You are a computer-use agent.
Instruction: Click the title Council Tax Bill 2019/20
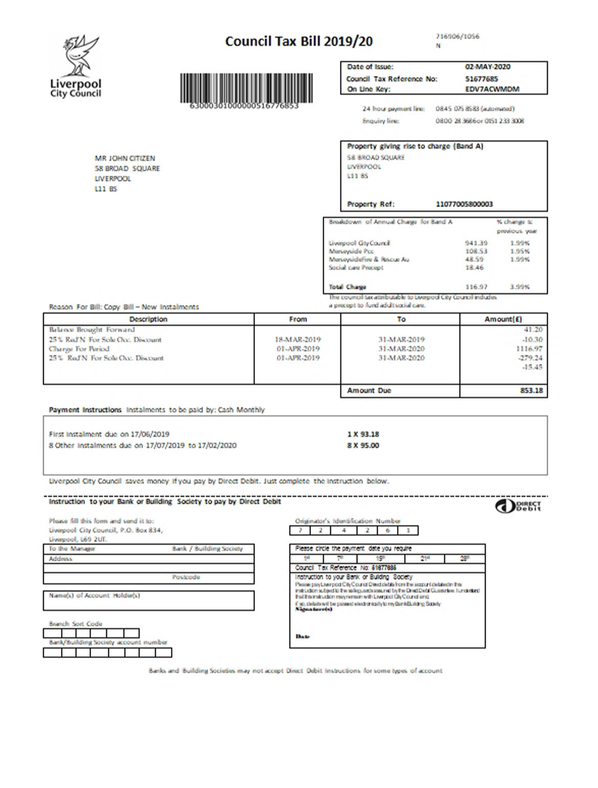[299, 41]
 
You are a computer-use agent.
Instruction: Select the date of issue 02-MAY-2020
[487, 67]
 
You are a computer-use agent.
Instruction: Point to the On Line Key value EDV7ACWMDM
[492, 89]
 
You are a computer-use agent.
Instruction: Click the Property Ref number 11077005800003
[464, 204]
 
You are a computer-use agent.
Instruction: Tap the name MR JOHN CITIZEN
[124, 159]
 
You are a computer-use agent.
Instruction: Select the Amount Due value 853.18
[531, 390]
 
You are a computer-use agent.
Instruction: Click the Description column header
[148, 319]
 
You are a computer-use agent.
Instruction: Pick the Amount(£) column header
[503, 319]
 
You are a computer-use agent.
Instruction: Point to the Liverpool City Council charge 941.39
[476, 243]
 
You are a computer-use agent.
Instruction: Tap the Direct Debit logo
[518, 506]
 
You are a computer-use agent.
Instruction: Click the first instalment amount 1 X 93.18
[363, 434]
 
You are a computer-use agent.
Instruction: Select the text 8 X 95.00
[363, 446]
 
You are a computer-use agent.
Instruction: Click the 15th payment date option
[380, 558]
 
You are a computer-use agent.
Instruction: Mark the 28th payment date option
[464, 558]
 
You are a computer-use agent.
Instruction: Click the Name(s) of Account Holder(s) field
[148, 601]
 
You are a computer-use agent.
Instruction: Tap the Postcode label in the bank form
[186, 577]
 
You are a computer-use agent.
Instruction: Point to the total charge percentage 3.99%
[519, 287]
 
